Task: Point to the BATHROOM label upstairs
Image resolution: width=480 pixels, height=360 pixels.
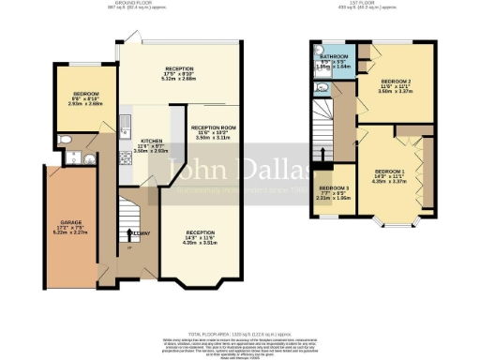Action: coord(335,57)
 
